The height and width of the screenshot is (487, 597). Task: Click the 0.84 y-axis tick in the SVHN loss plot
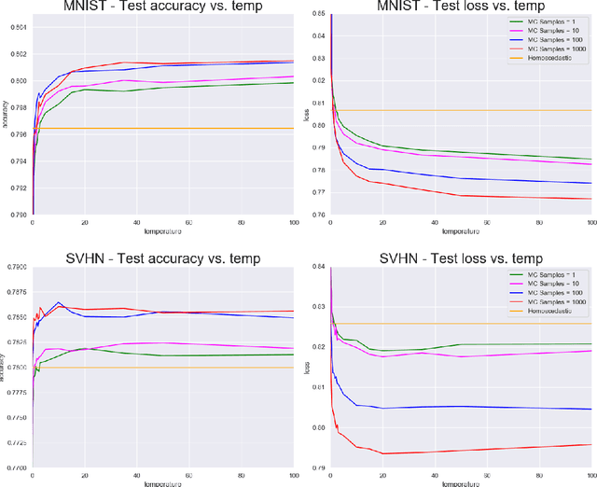tap(319, 266)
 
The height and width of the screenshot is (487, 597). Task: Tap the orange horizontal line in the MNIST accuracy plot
tap(187, 128)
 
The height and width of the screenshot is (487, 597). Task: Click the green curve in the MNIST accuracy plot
tap(187, 87)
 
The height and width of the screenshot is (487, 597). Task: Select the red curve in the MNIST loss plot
tap(466, 196)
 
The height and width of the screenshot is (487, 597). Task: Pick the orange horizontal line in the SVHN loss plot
tap(466, 324)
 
